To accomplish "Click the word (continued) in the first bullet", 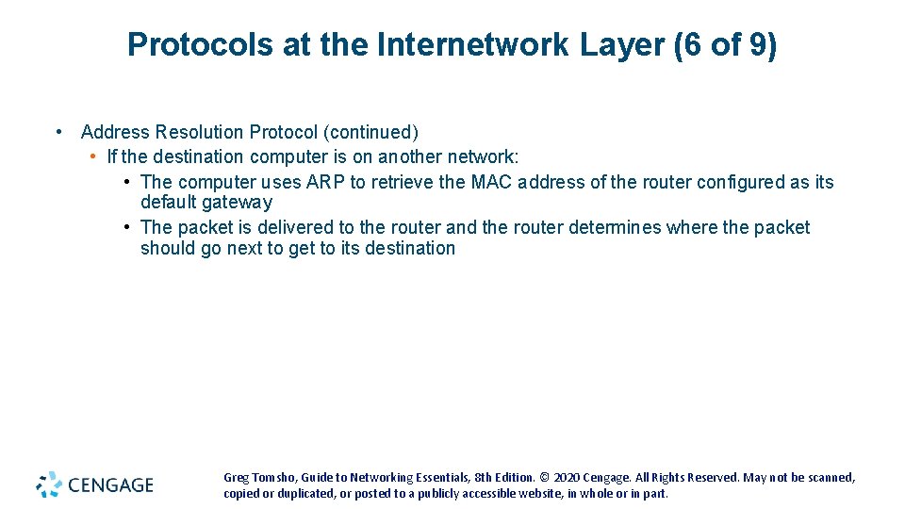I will pos(371,132).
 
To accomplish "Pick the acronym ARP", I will pos(326,182).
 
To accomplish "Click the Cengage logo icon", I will pos(49,484).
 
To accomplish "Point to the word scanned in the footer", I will pos(827,478).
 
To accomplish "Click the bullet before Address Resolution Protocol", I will pos(59,132).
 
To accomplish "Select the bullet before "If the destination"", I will pos(93,156).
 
